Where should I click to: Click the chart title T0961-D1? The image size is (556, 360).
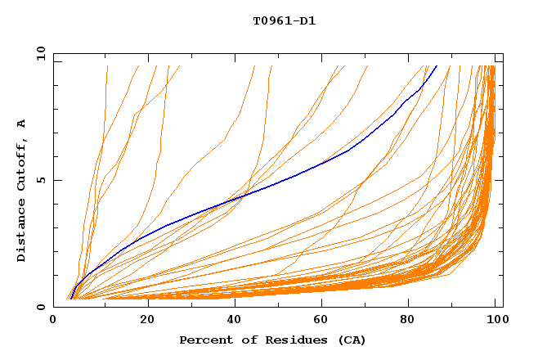click(x=284, y=21)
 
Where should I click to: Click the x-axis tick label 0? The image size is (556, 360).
click(x=53, y=322)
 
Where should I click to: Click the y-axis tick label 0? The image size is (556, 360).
click(x=41, y=307)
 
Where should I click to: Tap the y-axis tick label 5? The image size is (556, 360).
click(x=41, y=180)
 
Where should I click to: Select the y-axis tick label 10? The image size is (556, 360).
click(x=39, y=53)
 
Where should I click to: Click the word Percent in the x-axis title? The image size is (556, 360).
click(x=204, y=340)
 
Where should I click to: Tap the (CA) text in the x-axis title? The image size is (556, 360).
click(x=353, y=340)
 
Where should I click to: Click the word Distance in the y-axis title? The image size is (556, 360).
click(x=22, y=233)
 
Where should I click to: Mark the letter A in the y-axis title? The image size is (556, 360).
click(x=22, y=124)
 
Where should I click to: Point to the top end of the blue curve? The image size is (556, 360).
click(x=437, y=66)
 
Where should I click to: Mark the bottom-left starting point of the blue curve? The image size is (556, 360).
click(x=71, y=299)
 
